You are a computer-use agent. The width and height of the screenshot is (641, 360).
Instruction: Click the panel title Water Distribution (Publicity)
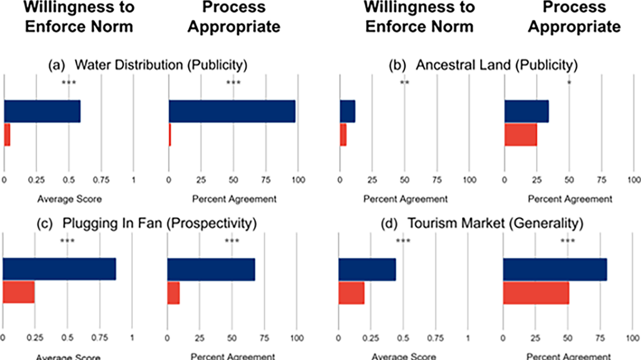149,64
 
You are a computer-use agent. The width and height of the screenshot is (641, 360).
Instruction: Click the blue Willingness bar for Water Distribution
43,111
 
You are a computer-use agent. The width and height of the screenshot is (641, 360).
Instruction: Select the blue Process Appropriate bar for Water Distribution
232,111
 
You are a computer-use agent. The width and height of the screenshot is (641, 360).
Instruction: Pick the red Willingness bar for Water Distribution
7,135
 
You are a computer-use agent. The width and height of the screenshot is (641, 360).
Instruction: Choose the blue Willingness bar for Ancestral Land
347,111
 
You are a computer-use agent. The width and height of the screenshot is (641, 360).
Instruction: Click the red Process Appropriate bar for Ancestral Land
521,135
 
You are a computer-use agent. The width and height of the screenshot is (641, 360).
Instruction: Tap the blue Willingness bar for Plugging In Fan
59,269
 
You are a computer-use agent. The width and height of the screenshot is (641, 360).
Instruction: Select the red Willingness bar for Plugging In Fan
19,292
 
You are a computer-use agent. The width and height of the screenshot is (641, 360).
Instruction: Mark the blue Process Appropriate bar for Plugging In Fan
211,269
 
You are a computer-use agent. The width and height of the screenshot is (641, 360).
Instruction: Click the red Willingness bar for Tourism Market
351,292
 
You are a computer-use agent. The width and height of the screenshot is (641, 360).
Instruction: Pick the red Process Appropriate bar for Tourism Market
536,292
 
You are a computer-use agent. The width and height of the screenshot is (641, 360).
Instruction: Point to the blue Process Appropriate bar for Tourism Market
555,269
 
